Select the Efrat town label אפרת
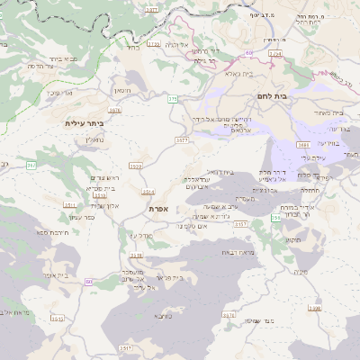pos(159,208)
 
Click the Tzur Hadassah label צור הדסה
pos(44,66)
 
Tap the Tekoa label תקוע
pos(290,240)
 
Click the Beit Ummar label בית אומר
pos(54,274)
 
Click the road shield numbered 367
pos(31,166)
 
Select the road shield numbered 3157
pos(240,224)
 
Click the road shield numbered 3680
pos(303,144)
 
